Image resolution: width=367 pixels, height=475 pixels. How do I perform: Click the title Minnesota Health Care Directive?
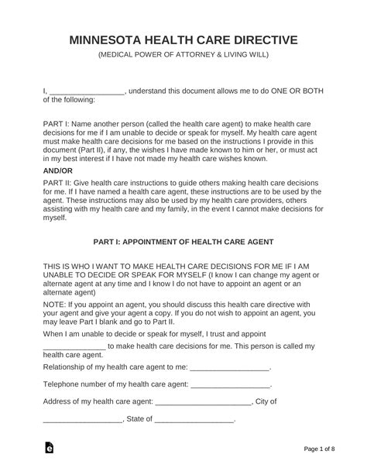[183, 40]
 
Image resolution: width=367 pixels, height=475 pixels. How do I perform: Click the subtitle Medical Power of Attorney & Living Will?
[183, 56]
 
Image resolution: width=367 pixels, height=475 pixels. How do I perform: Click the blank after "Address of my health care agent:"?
[204, 402]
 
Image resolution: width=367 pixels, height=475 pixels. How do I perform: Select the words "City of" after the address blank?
[266, 402]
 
